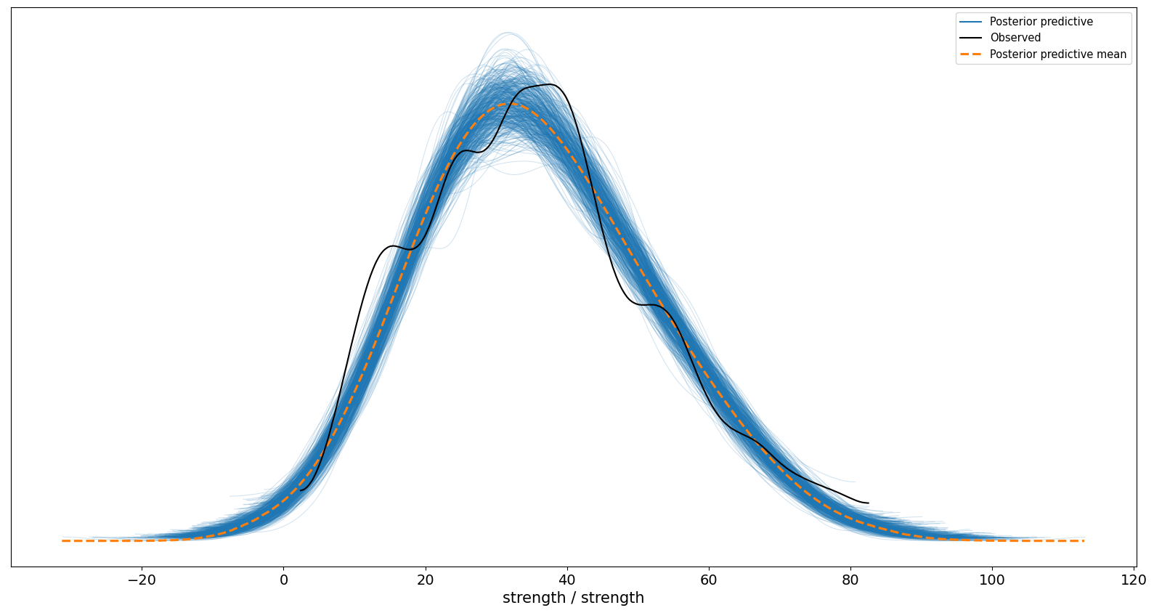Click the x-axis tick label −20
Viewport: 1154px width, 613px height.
point(142,580)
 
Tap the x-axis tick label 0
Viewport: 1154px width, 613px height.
point(283,580)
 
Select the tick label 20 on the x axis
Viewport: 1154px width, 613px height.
point(426,580)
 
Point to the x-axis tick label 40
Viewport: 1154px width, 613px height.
point(567,580)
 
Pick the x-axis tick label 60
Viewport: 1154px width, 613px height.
point(709,580)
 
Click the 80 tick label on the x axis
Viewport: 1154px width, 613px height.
point(850,580)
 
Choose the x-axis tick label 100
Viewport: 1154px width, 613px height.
point(992,580)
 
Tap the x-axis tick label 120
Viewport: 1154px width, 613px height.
point(1134,580)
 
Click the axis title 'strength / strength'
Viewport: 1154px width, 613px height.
point(573,598)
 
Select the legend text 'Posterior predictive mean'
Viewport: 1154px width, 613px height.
point(1057,54)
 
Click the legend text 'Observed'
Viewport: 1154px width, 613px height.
point(1015,38)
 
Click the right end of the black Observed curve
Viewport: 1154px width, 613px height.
point(868,503)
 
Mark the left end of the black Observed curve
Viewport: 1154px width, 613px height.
point(301,490)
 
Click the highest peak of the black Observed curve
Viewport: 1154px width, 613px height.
point(552,84)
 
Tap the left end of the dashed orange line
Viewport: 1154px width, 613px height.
point(62,540)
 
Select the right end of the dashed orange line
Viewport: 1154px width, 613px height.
point(1084,540)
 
